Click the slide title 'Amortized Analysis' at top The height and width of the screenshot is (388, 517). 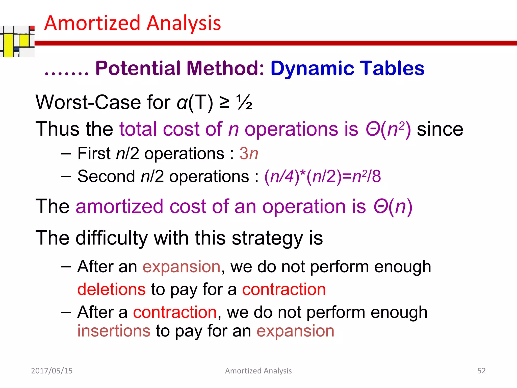[133, 23]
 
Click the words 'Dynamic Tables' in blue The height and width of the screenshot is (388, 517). [347, 68]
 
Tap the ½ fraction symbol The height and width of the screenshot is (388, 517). [244, 103]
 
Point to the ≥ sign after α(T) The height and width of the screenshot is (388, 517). [224, 103]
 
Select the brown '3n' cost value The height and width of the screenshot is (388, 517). [249, 153]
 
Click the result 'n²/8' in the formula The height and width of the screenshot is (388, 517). [366, 176]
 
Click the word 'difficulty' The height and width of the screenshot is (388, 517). [112, 238]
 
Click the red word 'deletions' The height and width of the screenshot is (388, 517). [111, 289]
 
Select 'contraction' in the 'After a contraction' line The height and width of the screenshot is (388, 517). [175, 312]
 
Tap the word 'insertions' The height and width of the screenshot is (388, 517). [114, 331]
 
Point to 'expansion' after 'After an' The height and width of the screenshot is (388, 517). [182, 267]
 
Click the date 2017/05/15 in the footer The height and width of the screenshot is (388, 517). [52, 371]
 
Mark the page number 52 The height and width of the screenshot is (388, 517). [481, 371]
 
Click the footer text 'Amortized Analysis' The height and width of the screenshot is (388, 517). [258, 371]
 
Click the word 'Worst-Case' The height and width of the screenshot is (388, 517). [88, 103]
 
